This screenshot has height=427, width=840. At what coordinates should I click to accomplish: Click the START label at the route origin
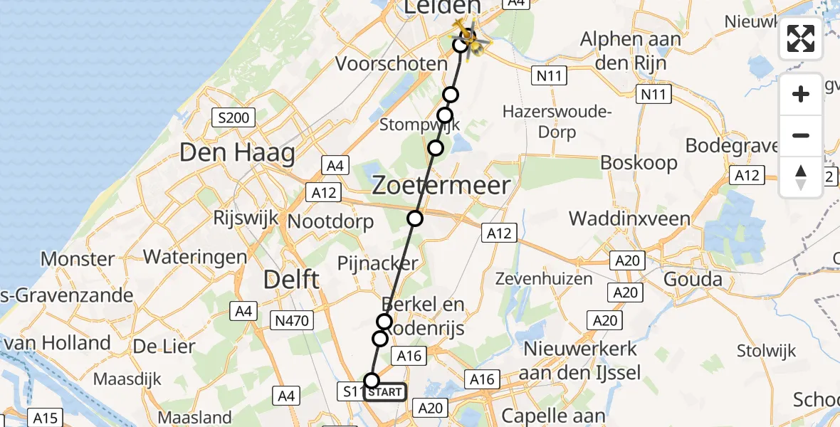pyautogui.click(x=385, y=392)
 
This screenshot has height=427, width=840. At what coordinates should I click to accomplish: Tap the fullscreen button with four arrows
pyautogui.click(x=801, y=38)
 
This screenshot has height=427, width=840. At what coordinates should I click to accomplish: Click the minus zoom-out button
pyautogui.click(x=801, y=136)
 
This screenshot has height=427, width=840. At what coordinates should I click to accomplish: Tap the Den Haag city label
pyautogui.click(x=237, y=152)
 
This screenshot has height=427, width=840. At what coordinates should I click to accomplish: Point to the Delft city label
pyautogui.click(x=291, y=280)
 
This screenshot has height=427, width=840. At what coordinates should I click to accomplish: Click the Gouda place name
pyautogui.click(x=693, y=279)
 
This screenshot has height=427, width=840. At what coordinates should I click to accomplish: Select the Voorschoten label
pyautogui.click(x=391, y=63)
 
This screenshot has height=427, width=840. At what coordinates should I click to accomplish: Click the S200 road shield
pyautogui.click(x=234, y=117)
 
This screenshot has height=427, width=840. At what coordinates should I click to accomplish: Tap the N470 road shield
pyautogui.click(x=292, y=321)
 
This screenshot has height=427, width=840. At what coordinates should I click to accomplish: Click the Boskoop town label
pyautogui.click(x=639, y=162)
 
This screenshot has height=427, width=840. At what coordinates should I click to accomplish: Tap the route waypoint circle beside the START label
pyautogui.click(x=372, y=381)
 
